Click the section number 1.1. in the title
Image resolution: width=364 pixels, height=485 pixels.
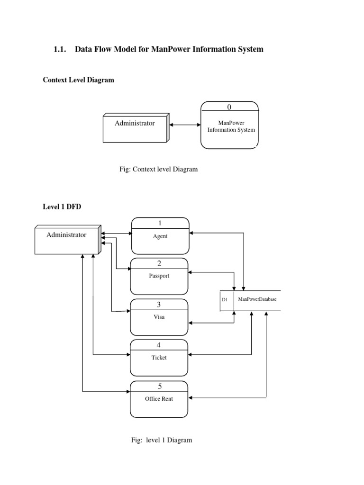(63, 49)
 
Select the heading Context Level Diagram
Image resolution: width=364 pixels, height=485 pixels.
(78, 80)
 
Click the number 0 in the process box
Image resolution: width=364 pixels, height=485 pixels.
(229, 107)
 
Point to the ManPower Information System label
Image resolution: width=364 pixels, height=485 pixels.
(230, 126)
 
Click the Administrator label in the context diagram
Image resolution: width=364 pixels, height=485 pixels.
(135, 123)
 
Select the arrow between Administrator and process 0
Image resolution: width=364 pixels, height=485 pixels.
(185, 125)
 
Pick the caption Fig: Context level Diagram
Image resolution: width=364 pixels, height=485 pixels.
(159, 169)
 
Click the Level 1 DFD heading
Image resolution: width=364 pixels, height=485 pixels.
(59, 207)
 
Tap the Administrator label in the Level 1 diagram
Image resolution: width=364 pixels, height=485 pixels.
(66, 234)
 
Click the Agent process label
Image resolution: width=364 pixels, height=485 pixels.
(160, 236)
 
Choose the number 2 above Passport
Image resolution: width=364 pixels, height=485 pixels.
(159, 263)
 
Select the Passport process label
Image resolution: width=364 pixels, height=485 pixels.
(159, 276)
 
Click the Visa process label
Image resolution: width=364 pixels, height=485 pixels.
(159, 317)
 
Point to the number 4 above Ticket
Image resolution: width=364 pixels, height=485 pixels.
(159, 345)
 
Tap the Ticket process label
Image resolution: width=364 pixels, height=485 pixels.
(159, 358)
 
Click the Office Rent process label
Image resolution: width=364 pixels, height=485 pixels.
(159, 399)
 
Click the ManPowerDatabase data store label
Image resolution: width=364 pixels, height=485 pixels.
(257, 300)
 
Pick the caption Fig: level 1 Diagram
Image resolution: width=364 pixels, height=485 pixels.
(162, 440)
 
